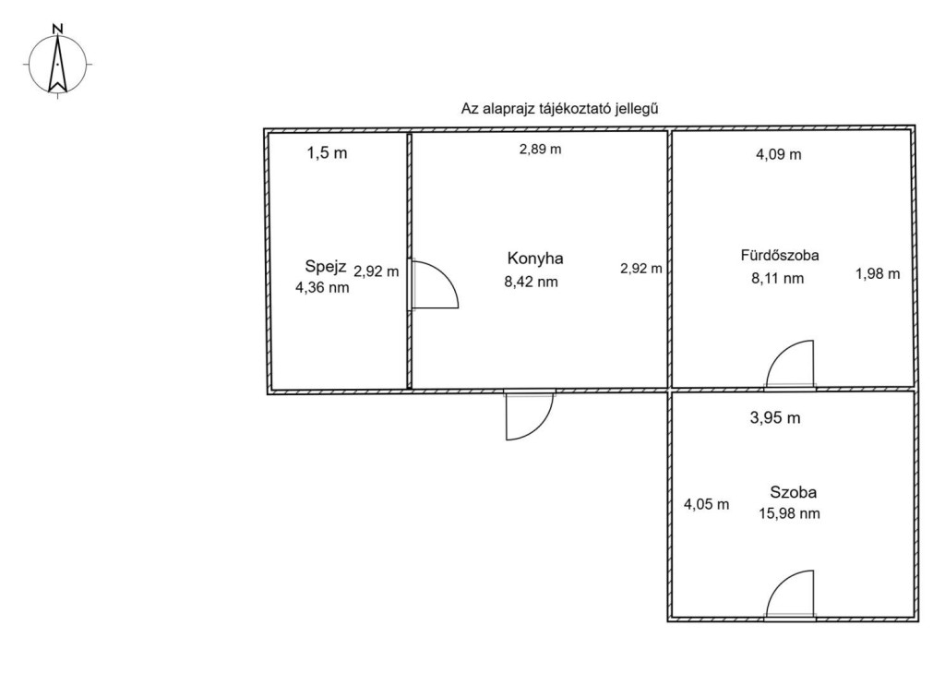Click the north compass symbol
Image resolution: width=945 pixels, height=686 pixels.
(x=57, y=64)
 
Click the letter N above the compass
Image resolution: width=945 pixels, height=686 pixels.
(x=58, y=29)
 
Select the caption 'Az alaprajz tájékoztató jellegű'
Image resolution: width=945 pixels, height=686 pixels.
(x=559, y=109)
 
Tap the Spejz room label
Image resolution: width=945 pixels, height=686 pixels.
(x=326, y=266)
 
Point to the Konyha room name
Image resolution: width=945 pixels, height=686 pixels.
(x=535, y=259)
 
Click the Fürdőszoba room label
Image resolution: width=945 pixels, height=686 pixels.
(x=780, y=255)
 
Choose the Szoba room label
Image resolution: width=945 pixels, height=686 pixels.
(x=793, y=492)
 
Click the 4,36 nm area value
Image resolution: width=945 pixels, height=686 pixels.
(x=322, y=287)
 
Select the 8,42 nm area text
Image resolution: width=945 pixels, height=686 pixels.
(x=531, y=282)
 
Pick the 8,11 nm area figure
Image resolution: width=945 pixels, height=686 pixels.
(x=777, y=279)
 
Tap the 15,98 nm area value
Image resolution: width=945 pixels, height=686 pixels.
(x=790, y=513)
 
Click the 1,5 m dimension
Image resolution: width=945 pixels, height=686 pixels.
(x=328, y=153)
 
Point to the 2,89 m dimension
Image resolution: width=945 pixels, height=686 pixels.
(x=541, y=149)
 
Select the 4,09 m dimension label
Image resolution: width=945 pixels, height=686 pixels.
(x=779, y=154)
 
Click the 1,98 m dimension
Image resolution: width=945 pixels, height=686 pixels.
(x=878, y=273)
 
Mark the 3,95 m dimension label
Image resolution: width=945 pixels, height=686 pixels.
(x=775, y=417)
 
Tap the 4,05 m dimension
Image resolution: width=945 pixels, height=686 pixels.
(x=706, y=504)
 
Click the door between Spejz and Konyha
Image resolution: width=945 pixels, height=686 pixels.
(x=434, y=284)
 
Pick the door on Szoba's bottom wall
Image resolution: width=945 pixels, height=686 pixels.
(x=790, y=594)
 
